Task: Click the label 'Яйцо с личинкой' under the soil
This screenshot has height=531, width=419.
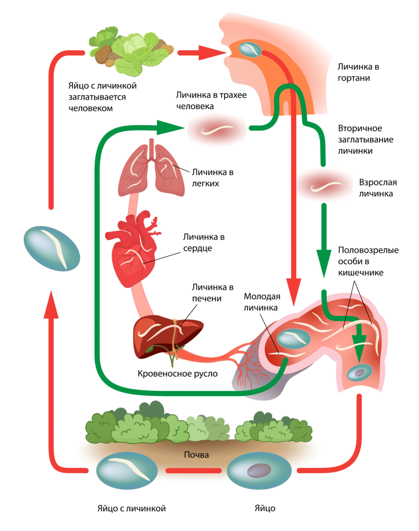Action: pos(131,508)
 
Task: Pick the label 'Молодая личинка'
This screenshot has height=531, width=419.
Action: pos(262,303)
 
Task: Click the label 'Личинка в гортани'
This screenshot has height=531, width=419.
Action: pos(358,73)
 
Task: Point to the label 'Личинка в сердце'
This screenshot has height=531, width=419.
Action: pos(203,243)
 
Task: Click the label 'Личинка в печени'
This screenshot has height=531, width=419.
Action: pos(209,293)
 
